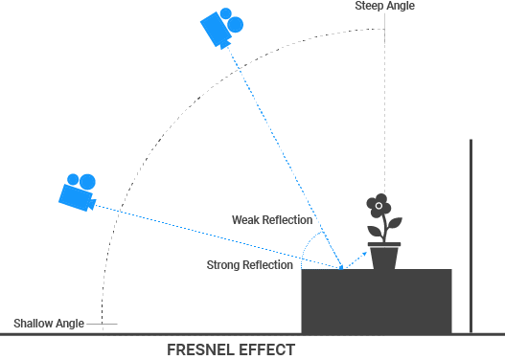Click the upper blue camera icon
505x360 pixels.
coord(221,28)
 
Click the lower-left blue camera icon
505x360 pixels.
coord(77,191)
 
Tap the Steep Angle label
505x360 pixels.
coord(385,6)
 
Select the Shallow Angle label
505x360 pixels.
coord(48,323)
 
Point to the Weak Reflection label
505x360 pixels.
coord(272,220)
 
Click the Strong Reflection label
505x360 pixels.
coord(250,264)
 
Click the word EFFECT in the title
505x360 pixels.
coord(267,349)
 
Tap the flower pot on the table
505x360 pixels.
coord(385,256)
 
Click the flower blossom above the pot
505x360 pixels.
coord(380,205)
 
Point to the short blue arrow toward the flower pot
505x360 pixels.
coord(356,259)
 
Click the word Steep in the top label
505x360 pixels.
coord(370,6)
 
